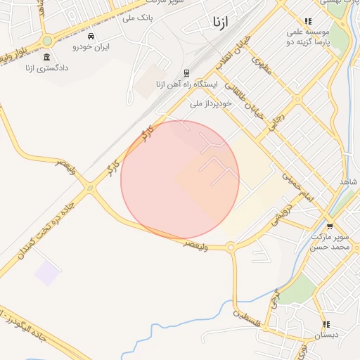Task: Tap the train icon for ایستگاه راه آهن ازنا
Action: pos(186,72)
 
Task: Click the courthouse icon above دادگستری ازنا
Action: pos(46,57)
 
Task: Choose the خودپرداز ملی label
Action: pos(211,103)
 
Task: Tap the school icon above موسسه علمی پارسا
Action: pos(308,22)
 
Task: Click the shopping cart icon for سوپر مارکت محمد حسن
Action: pos(310,226)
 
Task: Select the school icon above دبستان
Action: pos(326,325)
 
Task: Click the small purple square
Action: pos(48,273)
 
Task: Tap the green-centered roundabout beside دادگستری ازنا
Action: pos(49,41)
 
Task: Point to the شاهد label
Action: pos(349,182)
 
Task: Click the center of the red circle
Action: pos(180,179)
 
